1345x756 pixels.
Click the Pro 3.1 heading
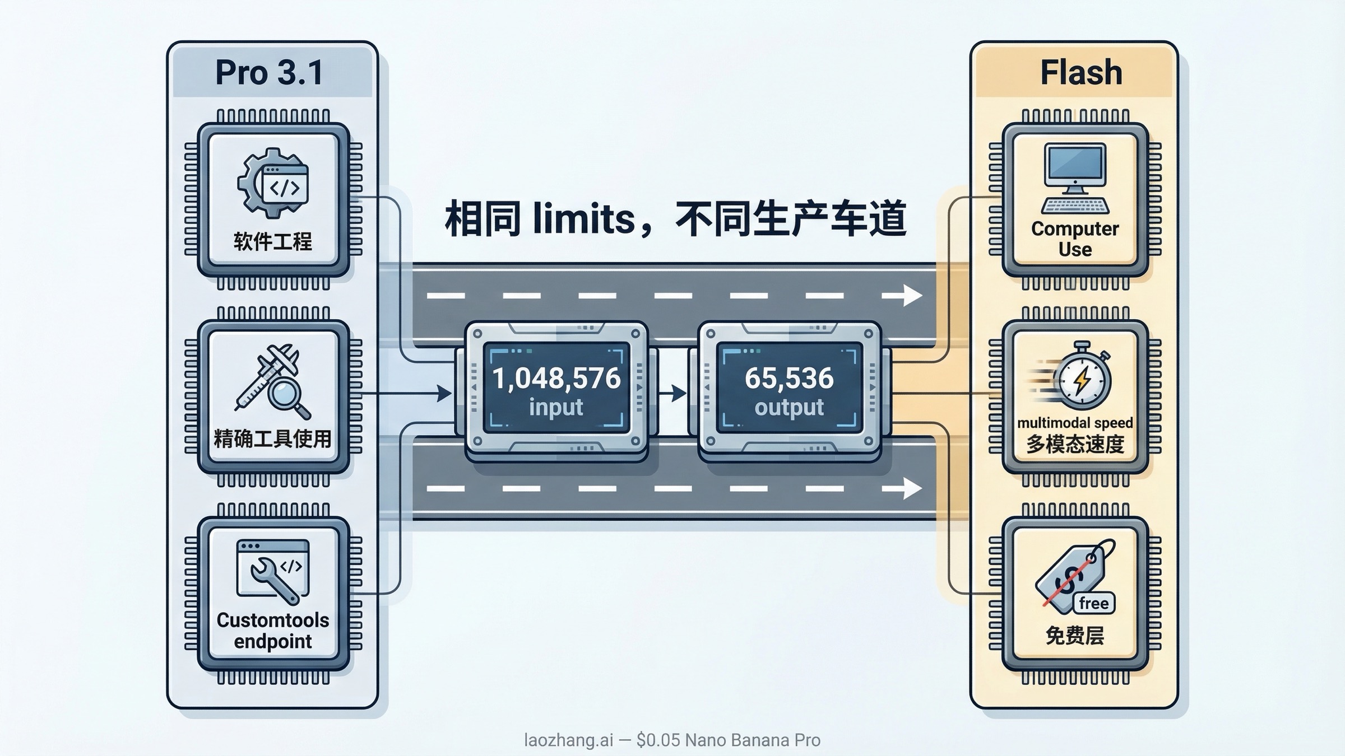(x=270, y=73)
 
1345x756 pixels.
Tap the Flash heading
(x=1081, y=73)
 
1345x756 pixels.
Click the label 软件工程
(x=273, y=242)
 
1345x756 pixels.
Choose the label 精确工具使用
(x=273, y=438)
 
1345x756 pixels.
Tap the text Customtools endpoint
(x=273, y=631)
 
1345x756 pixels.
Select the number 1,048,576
(x=556, y=378)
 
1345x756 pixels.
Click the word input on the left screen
(x=556, y=407)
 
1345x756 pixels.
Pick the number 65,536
(x=789, y=378)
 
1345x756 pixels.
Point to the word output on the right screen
(x=789, y=407)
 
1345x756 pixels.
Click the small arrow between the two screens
(x=675, y=393)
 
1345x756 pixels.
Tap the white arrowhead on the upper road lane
(x=912, y=295)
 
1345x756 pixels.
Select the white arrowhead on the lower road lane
(x=912, y=488)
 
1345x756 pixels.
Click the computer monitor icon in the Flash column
(x=1075, y=168)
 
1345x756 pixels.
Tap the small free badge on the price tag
(x=1093, y=603)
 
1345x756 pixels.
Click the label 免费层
(x=1075, y=636)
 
